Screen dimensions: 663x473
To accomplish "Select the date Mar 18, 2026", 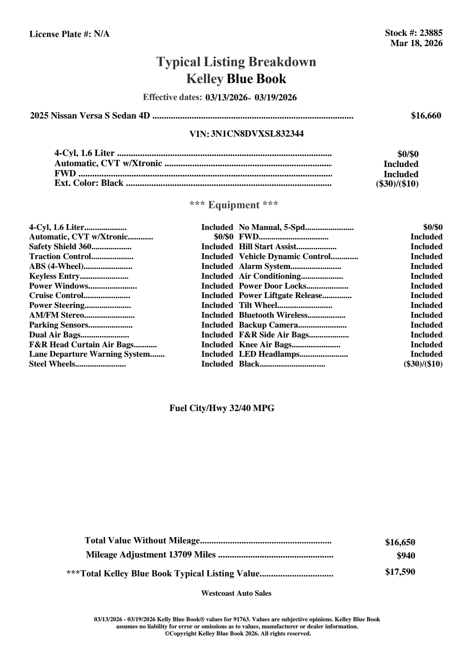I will pyautogui.click(x=416, y=43).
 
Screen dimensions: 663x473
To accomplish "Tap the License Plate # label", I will pyautogui.click(x=61, y=34).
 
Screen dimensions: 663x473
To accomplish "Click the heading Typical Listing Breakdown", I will pyautogui.click(x=236, y=62).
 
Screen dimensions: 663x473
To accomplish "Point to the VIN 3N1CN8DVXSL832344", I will pyautogui.click(x=257, y=134).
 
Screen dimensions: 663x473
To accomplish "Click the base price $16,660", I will pyautogui.click(x=426, y=116).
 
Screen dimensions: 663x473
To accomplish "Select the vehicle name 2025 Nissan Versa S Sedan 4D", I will pyautogui.click(x=90, y=116).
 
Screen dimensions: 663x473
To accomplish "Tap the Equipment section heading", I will pyautogui.click(x=234, y=205).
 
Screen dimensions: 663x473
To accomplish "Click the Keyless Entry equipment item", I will pyautogui.click(x=54, y=276).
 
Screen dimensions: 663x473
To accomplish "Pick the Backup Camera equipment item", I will pyautogui.click(x=268, y=325).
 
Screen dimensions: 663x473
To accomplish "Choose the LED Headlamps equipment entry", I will pyautogui.click(x=269, y=354).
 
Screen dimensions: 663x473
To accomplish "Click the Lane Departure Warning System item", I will pyautogui.click(x=89, y=354).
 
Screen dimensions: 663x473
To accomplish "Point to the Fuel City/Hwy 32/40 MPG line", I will pyautogui.click(x=222, y=408).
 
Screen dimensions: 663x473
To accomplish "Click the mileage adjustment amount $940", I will pyautogui.click(x=406, y=556).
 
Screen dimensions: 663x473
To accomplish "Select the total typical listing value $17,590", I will pyautogui.click(x=400, y=572).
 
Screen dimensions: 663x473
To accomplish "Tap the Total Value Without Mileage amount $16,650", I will pyautogui.click(x=400, y=543).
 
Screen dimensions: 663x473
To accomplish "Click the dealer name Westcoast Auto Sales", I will pyautogui.click(x=236, y=593).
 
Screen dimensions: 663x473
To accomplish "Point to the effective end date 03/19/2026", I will pyautogui.click(x=276, y=97).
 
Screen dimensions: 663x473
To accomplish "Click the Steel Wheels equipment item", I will pyautogui.click(x=52, y=364).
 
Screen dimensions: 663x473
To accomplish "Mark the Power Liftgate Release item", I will pyautogui.click(x=280, y=296).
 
